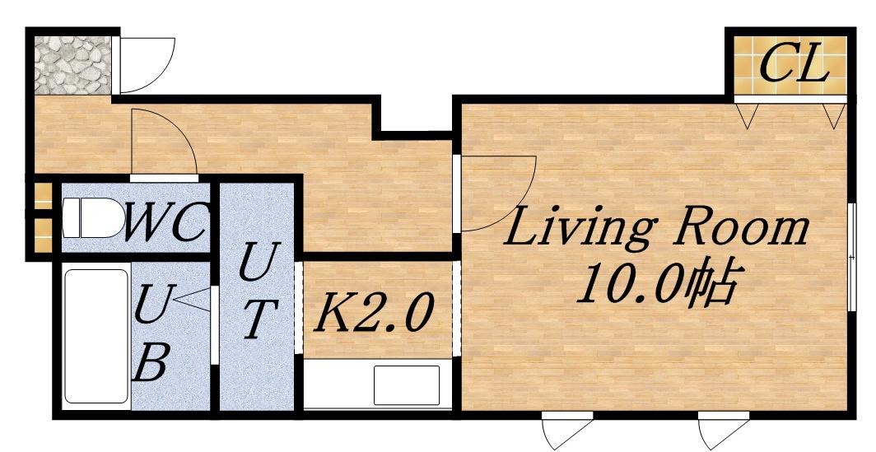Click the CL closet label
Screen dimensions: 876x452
(794, 65)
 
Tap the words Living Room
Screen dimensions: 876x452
(656, 226)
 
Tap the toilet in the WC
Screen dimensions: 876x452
(93, 217)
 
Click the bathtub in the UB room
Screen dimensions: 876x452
(96, 337)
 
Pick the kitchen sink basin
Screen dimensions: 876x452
(406, 385)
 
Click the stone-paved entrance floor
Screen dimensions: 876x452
(72, 65)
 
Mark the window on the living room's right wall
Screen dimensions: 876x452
(851, 257)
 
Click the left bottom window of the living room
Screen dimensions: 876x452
(567, 431)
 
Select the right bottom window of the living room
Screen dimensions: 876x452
(724, 431)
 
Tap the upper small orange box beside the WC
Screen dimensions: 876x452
(43, 196)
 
